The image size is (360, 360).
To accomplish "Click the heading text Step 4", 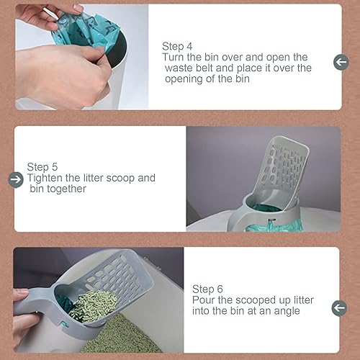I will click(x=177, y=44).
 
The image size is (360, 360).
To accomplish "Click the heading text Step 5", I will click(x=42, y=166).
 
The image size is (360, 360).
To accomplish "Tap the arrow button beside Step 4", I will click(x=341, y=63).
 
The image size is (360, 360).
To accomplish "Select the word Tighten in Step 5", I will click(x=45, y=178).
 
